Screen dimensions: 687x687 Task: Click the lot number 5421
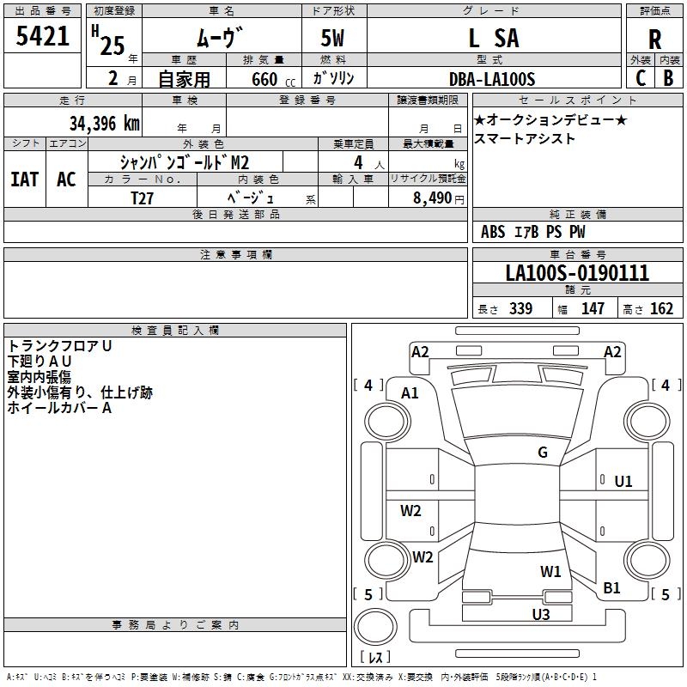pyautogui.click(x=42, y=36)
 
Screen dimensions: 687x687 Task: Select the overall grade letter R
pyautogui.click(x=654, y=40)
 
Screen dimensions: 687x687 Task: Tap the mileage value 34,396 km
pyautogui.click(x=104, y=124)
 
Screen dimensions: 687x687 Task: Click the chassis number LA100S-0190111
pyautogui.click(x=577, y=273)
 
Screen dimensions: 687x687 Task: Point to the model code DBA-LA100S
pyautogui.click(x=492, y=79)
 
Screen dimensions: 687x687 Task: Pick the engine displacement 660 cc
pyautogui.click(x=273, y=80)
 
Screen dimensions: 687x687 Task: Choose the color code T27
pyautogui.click(x=142, y=198)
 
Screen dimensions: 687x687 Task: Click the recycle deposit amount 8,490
pyautogui.click(x=432, y=198)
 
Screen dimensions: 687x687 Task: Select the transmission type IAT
pyautogui.click(x=25, y=179)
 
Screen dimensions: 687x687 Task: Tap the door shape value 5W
pyautogui.click(x=332, y=38)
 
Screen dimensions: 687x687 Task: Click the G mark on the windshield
pyautogui.click(x=543, y=453)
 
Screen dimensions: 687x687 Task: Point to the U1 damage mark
pyautogui.click(x=623, y=482)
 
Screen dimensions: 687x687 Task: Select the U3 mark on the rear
pyautogui.click(x=541, y=614)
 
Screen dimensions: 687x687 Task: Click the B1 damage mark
pyautogui.click(x=611, y=587)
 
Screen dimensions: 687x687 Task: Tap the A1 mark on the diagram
pyautogui.click(x=410, y=393)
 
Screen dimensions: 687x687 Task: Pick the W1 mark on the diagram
pyautogui.click(x=550, y=571)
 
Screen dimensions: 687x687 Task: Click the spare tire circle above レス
pyautogui.click(x=375, y=626)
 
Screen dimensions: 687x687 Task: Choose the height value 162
pyautogui.click(x=661, y=309)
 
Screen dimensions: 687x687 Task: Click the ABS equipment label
pyautogui.click(x=493, y=232)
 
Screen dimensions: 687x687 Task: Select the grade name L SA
pyautogui.click(x=494, y=38)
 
